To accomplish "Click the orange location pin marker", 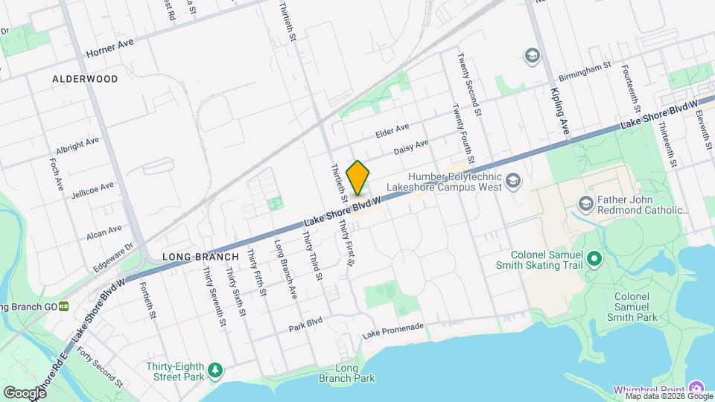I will pyautogui.click(x=358, y=178).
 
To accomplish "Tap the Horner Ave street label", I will pyautogui.click(x=109, y=49).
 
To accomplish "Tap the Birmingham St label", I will pyautogui.click(x=585, y=74).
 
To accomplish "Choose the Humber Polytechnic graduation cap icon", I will pyautogui.click(x=513, y=180).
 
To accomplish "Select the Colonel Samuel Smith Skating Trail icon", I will pyautogui.click(x=594, y=259).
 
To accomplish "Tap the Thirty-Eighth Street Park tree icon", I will pyautogui.click(x=215, y=369).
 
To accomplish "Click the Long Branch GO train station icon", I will pyautogui.click(x=65, y=305).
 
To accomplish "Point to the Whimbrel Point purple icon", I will pyautogui.click(x=696, y=389).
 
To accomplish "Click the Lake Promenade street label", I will pyautogui.click(x=393, y=331).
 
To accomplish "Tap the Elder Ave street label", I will pyautogui.click(x=393, y=131).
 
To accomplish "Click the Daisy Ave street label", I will pyautogui.click(x=411, y=147).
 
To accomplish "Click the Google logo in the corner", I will pyautogui.click(x=24, y=392).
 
